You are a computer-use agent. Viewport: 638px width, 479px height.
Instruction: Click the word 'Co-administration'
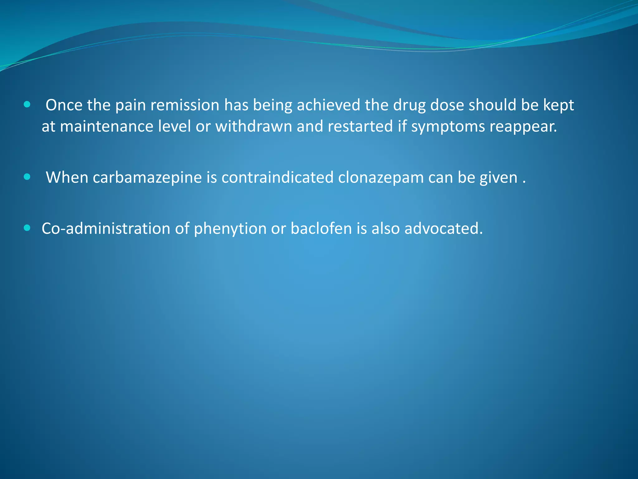[106, 229]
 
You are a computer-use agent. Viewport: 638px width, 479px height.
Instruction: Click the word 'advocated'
[443, 229]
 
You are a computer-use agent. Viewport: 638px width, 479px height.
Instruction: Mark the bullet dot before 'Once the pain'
[27, 104]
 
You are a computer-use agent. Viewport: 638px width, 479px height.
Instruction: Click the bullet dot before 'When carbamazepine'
[27, 177]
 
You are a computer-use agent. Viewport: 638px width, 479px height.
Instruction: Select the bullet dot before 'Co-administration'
[27, 228]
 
